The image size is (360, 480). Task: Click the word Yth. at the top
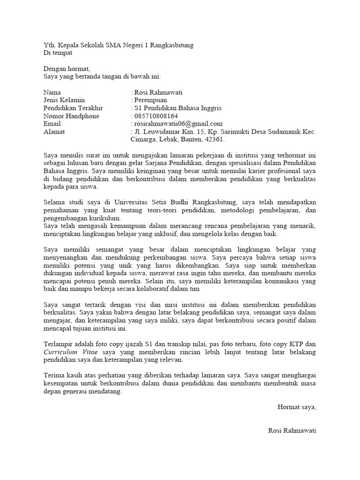[x=49, y=45]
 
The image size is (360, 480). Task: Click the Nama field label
[x=52, y=92]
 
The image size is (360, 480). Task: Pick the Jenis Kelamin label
[x=64, y=100]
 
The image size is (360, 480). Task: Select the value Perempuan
[x=150, y=100]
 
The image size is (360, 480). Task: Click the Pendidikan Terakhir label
[x=73, y=108]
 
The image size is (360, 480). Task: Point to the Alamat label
[x=54, y=132]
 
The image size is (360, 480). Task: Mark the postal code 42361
[x=215, y=140]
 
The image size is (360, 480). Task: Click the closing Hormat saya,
[x=297, y=407]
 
